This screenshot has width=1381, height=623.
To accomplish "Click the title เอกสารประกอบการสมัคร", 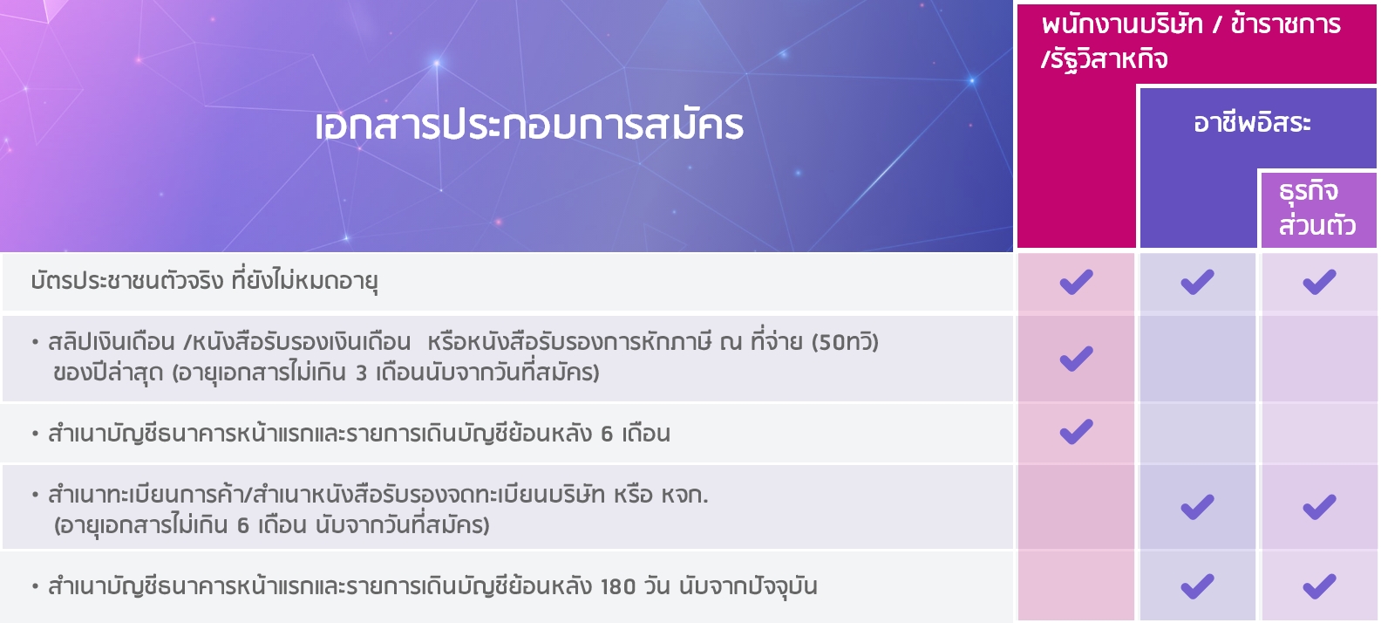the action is point(529,126).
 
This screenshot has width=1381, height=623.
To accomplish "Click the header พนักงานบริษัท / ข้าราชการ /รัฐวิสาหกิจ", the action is point(1190,42).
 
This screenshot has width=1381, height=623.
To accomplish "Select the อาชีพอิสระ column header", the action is point(1252,123).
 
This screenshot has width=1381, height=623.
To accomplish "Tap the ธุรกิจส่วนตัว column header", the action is point(1316,209).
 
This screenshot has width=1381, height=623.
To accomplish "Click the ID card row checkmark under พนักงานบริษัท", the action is point(1076,282).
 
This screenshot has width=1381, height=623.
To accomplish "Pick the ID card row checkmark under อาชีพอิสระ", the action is point(1197,282).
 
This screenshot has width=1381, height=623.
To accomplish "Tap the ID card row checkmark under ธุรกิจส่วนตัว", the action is point(1319,282).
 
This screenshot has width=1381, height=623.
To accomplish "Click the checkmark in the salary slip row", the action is point(1076,359).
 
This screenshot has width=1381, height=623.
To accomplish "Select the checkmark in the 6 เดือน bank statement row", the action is point(1076,432).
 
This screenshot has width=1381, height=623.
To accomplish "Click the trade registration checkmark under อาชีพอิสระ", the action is point(1197,508).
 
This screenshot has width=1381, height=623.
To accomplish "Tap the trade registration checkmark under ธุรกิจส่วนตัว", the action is point(1319,508).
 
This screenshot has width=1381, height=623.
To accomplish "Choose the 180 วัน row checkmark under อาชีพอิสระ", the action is point(1197,586).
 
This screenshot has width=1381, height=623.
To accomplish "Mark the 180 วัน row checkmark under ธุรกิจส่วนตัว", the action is point(1319,586).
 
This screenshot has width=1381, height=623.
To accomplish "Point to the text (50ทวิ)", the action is point(845,342).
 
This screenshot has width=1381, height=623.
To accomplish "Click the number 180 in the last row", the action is point(618,586).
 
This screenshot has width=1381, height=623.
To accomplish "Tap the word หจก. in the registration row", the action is point(685,496).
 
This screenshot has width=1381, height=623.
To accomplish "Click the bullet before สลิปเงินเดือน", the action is point(35,342).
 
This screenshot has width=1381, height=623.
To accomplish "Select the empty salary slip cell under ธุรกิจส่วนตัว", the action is point(1319,359).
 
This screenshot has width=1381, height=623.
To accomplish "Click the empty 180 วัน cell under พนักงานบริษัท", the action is point(1076,586).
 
